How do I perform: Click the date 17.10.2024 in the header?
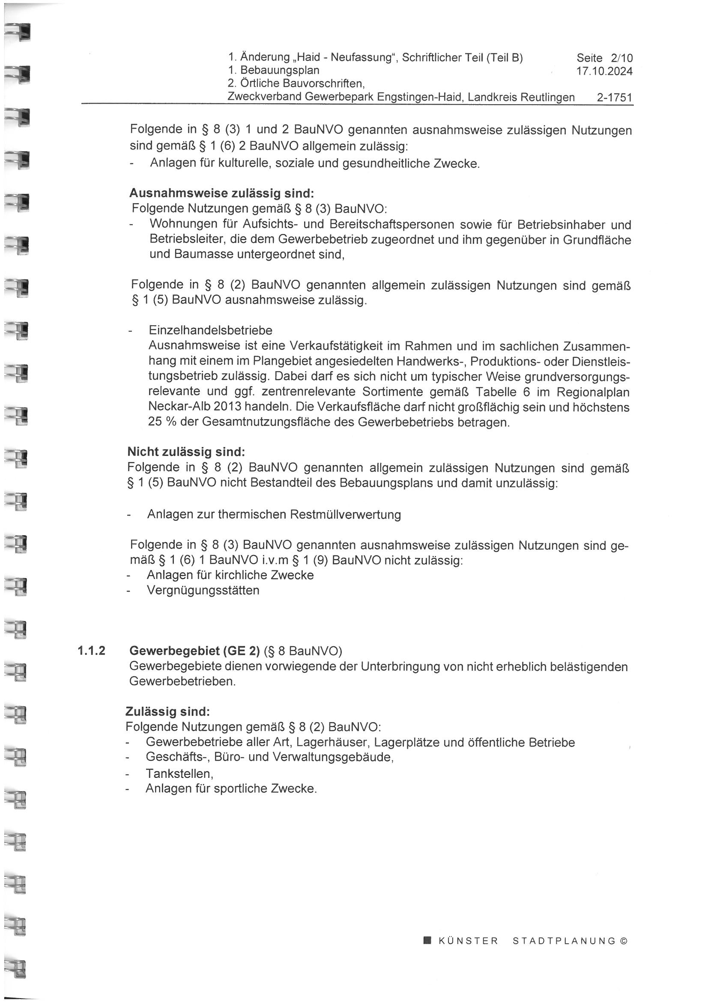pos(604,71)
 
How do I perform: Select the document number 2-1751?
pos(615,97)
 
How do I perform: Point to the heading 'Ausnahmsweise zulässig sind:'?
pos(221,193)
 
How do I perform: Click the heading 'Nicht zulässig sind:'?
pos(186,452)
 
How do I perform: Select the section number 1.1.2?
pos(92,651)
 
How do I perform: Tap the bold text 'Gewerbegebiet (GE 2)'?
pos(194,651)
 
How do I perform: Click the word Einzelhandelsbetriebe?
pos(210,330)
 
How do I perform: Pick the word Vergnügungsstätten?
pos(203,591)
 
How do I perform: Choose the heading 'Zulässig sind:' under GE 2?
pos(167,712)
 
